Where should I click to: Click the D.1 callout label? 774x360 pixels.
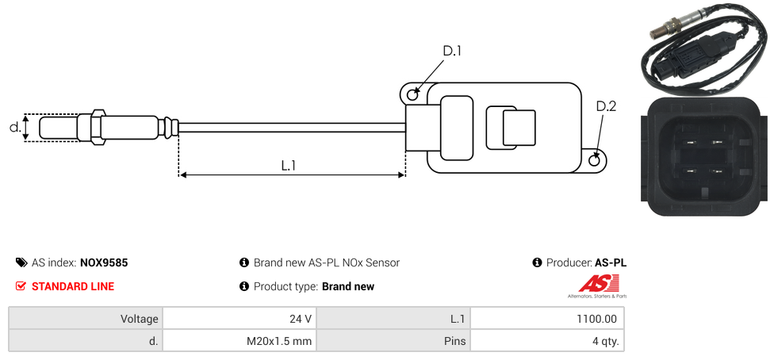pos(452,52)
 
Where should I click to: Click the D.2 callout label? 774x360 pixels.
pos(606,106)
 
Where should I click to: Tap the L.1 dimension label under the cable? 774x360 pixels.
pos(289,165)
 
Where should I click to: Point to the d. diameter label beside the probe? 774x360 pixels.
pos(14,127)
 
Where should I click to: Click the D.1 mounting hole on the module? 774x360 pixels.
pos(412,95)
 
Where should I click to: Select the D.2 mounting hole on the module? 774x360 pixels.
pos(596,160)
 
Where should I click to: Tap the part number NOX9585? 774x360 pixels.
pos(104,262)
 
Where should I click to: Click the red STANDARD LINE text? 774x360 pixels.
pos(73,286)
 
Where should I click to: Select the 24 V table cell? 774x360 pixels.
pos(239,319)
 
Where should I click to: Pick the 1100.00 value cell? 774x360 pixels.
pos(547,319)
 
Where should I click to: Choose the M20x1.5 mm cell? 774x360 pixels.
pos(239,342)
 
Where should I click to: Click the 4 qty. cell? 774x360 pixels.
pos(547,342)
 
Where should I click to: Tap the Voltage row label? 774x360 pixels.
pos(86,319)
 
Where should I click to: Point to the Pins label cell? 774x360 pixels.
pos(393,342)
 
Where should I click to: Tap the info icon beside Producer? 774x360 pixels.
pos(537,262)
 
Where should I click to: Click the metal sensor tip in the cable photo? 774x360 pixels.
pos(655,32)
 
